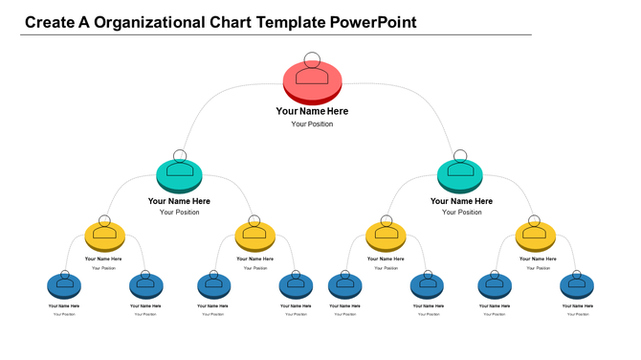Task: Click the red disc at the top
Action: point(312,81)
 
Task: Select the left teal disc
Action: point(179,175)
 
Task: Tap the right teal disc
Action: point(460,175)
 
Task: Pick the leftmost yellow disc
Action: point(105,236)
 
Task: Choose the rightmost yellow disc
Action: point(535,236)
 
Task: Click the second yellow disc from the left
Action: point(254,236)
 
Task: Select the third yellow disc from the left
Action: point(386,236)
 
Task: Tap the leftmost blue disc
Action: point(64,285)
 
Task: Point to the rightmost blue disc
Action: point(577,285)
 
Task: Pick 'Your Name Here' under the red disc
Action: point(312,111)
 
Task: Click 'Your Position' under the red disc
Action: point(312,124)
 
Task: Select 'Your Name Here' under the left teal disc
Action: point(179,201)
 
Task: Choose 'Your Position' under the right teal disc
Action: point(461,213)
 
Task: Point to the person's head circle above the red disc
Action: point(312,59)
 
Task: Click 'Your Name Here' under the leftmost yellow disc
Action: point(103,259)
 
